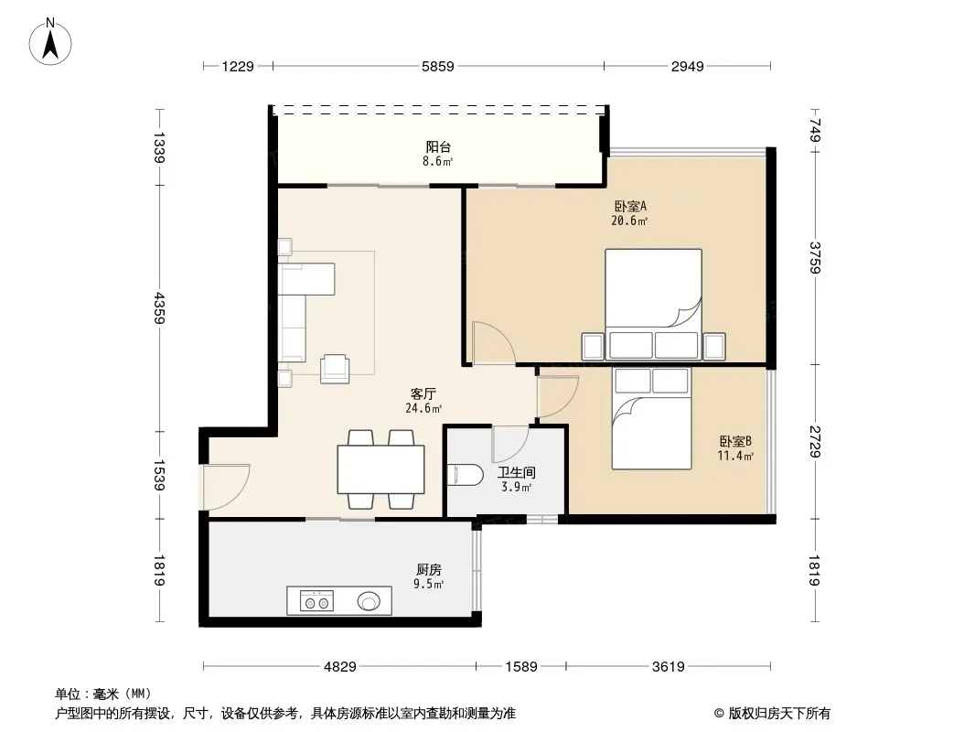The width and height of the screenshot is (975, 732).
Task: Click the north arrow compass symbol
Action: click(x=50, y=42)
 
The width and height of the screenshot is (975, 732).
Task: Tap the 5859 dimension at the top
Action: click(x=438, y=67)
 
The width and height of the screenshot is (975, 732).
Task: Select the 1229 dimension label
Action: click(x=238, y=67)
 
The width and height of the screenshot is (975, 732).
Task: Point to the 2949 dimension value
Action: click(x=687, y=67)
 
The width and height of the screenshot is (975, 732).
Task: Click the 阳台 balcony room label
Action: click(x=438, y=146)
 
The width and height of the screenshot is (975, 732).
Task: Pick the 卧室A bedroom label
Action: click(x=630, y=206)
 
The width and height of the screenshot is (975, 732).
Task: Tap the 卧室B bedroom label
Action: click(x=735, y=441)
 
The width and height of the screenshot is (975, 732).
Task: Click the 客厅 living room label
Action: click(x=423, y=393)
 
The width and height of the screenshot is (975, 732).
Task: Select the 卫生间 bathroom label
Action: click(x=516, y=473)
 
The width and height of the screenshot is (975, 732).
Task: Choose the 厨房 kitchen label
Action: click(x=428, y=569)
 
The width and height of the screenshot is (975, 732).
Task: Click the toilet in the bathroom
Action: click(x=466, y=476)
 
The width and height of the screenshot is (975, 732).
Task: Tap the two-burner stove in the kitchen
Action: click(x=316, y=601)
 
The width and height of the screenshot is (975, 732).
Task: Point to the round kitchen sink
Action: click(x=369, y=601)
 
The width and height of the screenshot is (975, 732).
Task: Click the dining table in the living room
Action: click(x=380, y=468)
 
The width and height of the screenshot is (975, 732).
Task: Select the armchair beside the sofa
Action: click(x=335, y=368)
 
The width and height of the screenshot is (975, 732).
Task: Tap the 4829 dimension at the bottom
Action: click(x=340, y=667)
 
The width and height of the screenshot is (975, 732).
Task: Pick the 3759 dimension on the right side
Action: click(x=815, y=257)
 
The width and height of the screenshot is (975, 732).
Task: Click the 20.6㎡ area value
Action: click(x=629, y=221)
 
